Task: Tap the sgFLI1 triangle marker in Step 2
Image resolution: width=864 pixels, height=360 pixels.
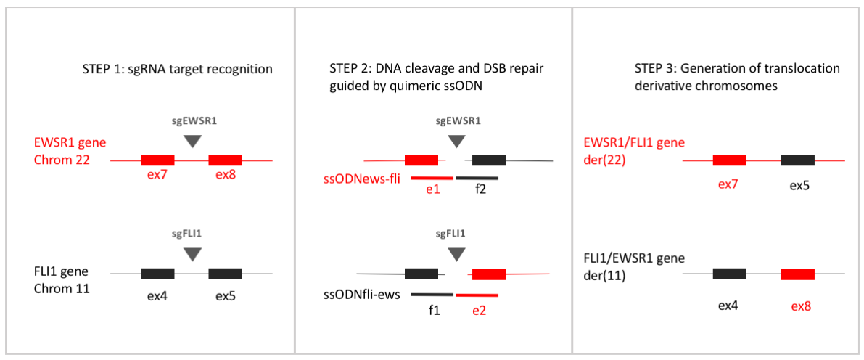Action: click(x=456, y=254)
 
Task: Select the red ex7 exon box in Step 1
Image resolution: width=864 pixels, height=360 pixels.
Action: click(x=157, y=160)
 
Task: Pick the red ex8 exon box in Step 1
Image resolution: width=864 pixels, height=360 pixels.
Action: click(x=226, y=160)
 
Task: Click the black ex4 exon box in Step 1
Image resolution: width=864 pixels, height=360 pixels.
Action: click(x=157, y=274)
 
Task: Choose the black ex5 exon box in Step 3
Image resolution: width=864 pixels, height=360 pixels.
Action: click(x=797, y=160)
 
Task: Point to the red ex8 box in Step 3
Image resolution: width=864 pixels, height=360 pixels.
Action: click(x=797, y=274)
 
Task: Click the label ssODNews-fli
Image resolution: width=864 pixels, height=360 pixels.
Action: click(x=363, y=178)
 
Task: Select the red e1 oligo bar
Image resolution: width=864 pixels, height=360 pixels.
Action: click(x=432, y=178)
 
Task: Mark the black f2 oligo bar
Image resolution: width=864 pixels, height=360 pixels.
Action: click(x=477, y=178)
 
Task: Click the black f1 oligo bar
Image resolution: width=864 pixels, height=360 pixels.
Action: click(x=432, y=295)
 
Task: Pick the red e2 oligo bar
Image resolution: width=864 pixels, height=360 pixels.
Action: click(x=477, y=295)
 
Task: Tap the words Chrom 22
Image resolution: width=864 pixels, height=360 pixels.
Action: click(x=62, y=160)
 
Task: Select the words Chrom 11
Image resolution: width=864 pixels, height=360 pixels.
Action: click(x=62, y=288)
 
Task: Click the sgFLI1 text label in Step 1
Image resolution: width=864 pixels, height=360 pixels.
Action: click(x=192, y=234)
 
